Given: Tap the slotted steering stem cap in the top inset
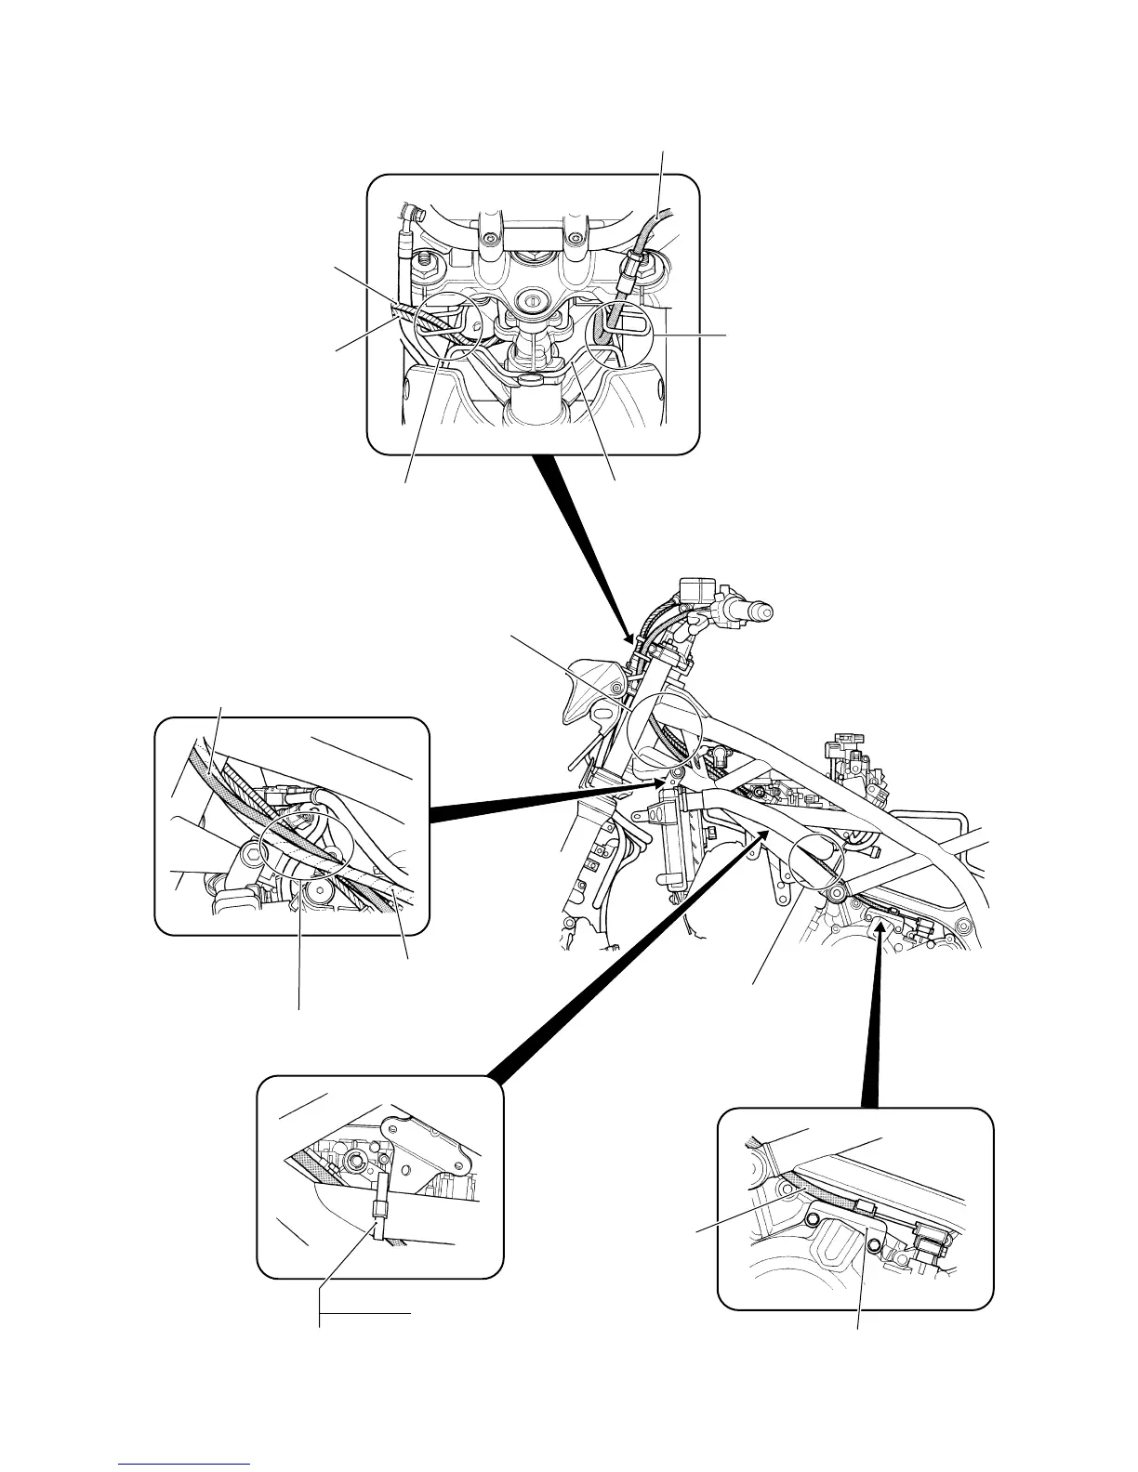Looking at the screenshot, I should (x=534, y=302).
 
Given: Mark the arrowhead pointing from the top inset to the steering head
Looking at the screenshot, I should (x=632, y=640).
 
